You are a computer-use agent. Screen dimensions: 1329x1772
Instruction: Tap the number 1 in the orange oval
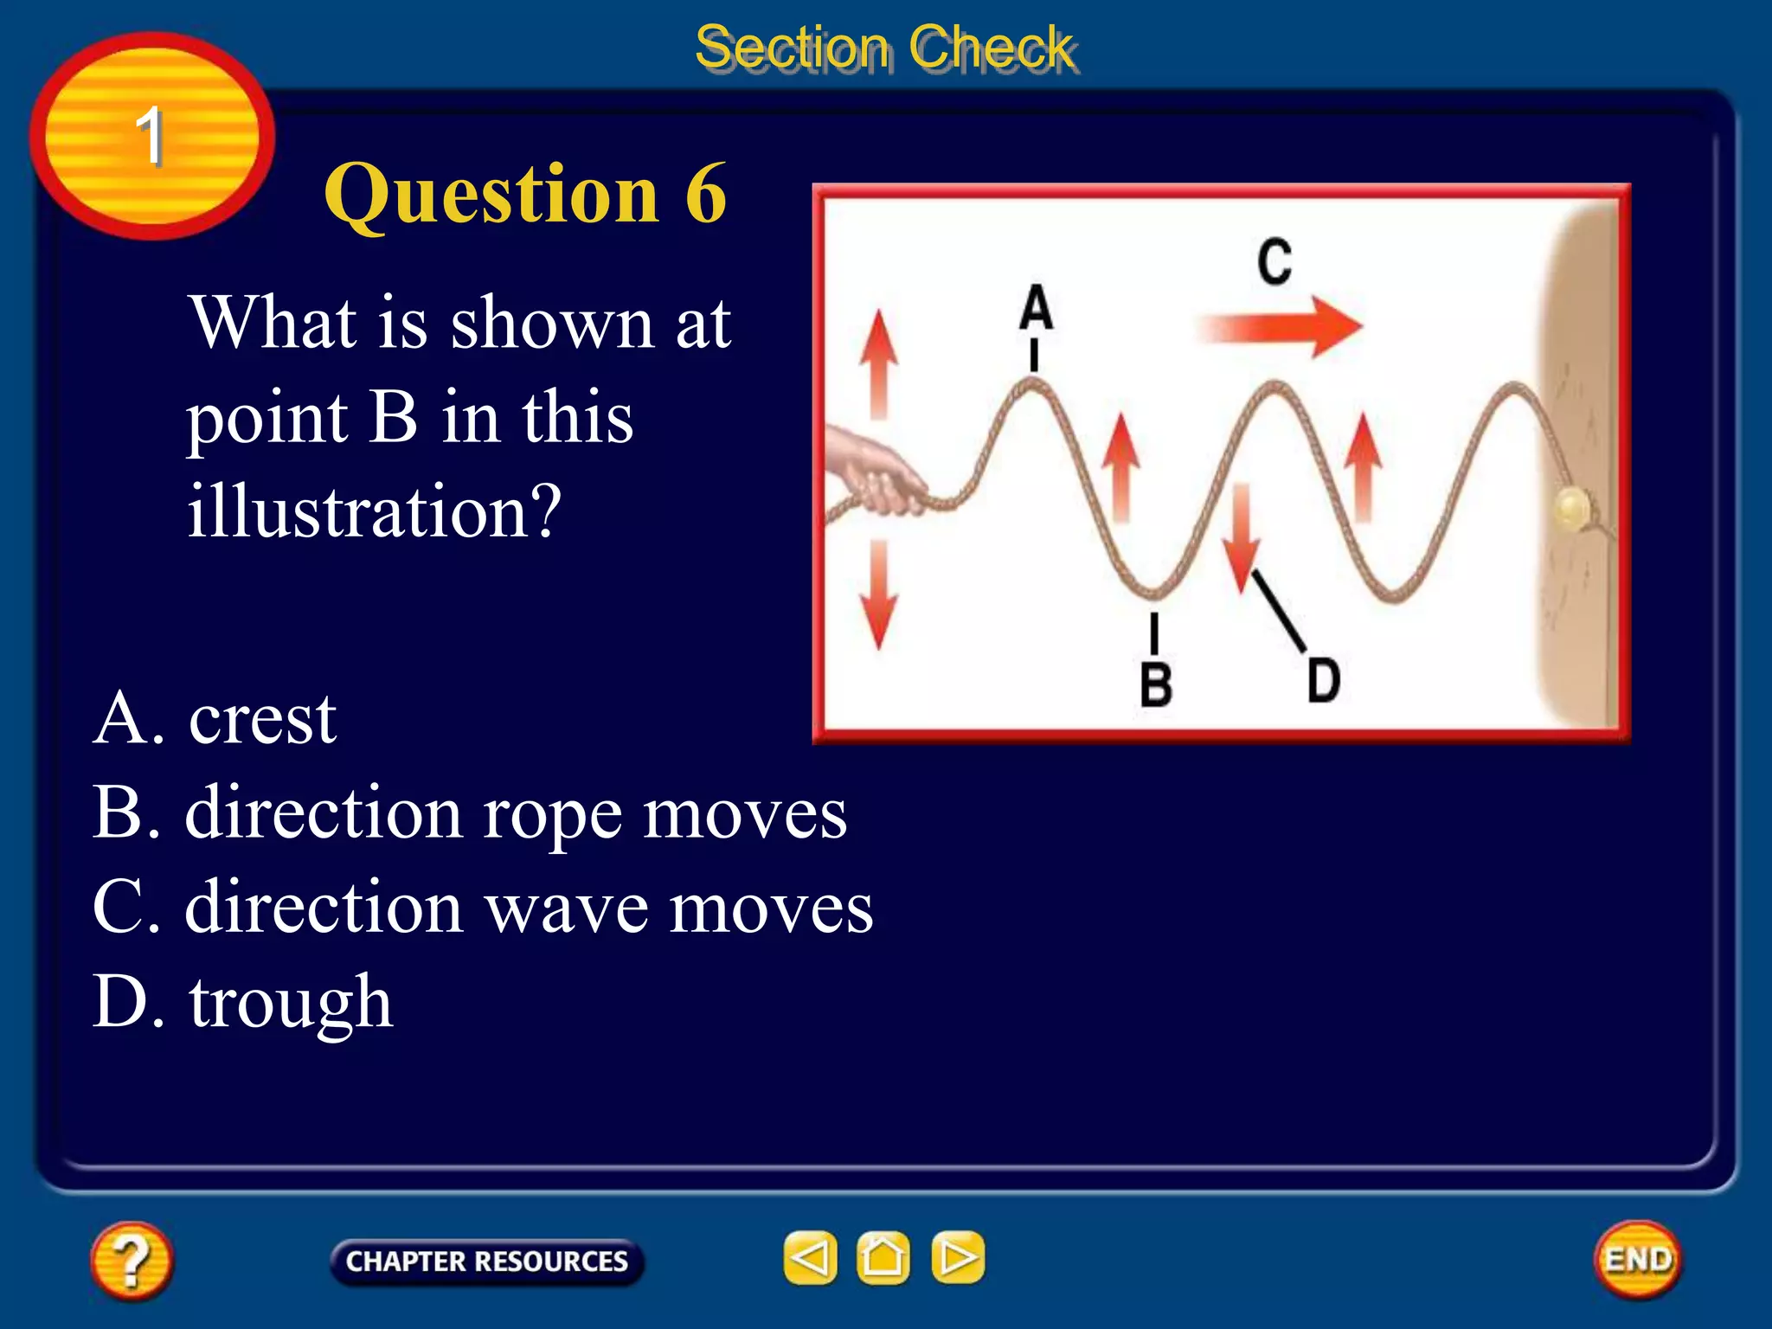[x=150, y=136]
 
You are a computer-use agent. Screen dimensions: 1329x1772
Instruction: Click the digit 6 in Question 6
[x=706, y=194]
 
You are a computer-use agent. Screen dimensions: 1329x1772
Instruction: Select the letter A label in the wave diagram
[x=1036, y=308]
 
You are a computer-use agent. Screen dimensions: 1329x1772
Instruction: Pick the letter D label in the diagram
[x=1323, y=680]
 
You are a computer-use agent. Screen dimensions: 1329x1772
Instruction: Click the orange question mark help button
[x=132, y=1261]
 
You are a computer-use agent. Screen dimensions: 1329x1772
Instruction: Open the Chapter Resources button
[x=486, y=1262]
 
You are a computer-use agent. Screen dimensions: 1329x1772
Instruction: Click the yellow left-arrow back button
[x=810, y=1258]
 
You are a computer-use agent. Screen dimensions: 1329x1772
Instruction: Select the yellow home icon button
[x=883, y=1258]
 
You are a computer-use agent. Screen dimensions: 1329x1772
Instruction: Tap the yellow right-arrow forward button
[x=957, y=1258]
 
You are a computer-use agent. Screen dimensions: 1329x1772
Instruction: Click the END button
[x=1637, y=1260]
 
